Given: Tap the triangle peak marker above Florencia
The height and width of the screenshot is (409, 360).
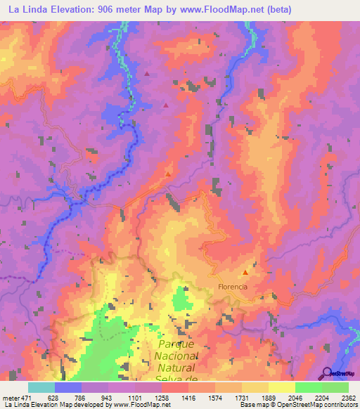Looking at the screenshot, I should pos(245,273).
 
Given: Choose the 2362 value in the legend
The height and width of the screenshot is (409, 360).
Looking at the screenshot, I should pos(349,397).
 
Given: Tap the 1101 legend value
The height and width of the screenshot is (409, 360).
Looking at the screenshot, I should pos(136,397).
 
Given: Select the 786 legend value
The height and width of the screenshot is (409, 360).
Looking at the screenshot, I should pos(82,397).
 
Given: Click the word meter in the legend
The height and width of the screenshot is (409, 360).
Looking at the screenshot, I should pos(10,397).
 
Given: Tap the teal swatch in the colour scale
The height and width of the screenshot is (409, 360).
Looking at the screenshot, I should pos(41,387).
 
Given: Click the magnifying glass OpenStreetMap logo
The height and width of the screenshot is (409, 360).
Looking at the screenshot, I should pos(328,373).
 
